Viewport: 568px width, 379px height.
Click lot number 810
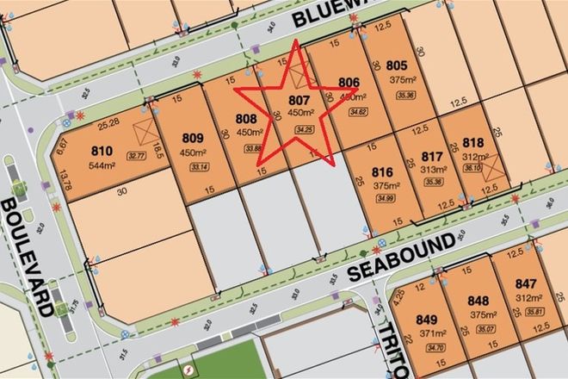point(102,150)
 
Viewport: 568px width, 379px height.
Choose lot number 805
point(396,64)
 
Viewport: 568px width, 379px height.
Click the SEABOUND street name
point(401,257)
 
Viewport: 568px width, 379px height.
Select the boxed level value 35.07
point(474,329)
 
